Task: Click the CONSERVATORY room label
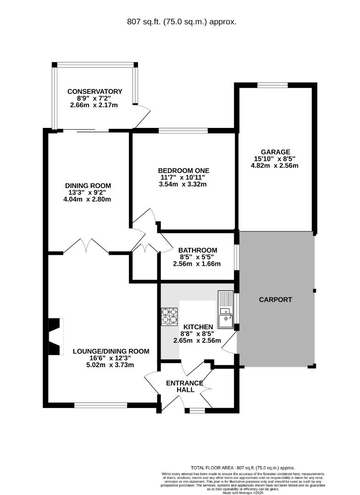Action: point(95,92)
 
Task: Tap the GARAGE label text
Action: point(275,152)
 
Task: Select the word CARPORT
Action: point(275,300)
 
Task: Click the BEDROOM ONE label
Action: point(183,171)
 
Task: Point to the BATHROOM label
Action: point(198,250)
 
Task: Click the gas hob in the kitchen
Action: point(169,317)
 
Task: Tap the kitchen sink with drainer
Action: point(225,310)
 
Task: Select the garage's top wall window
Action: point(272,85)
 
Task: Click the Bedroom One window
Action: point(183,131)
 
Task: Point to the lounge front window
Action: point(101,405)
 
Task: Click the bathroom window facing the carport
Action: point(237,257)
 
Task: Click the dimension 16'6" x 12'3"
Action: point(110,358)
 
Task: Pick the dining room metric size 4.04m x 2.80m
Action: point(87,199)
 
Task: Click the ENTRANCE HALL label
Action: point(185,386)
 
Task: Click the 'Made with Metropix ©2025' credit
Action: point(243,492)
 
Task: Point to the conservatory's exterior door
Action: point(143,115)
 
